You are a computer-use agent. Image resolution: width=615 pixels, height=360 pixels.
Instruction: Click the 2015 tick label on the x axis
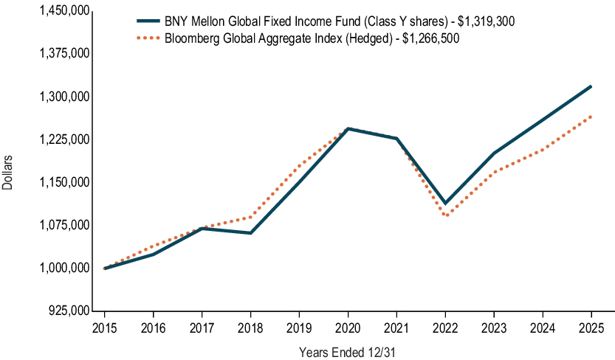pos(104,328)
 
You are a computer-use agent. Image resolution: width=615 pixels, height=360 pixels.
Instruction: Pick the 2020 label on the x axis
pos(348,328)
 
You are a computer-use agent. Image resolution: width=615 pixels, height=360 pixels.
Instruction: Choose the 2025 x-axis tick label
pos(591,328)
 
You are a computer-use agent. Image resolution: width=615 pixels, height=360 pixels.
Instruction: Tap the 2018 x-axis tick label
pos(250,328)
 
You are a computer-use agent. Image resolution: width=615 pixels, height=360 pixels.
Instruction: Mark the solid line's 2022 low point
pos(445,203)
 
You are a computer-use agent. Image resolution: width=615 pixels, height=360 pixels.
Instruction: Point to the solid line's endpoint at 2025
pos(591,86)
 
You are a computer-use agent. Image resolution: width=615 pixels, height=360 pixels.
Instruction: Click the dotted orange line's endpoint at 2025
pos(591,116)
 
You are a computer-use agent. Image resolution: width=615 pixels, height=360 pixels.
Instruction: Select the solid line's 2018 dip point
pos(250,233)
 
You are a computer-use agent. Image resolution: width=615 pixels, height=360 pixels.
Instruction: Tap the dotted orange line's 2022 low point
pos(445,215)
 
